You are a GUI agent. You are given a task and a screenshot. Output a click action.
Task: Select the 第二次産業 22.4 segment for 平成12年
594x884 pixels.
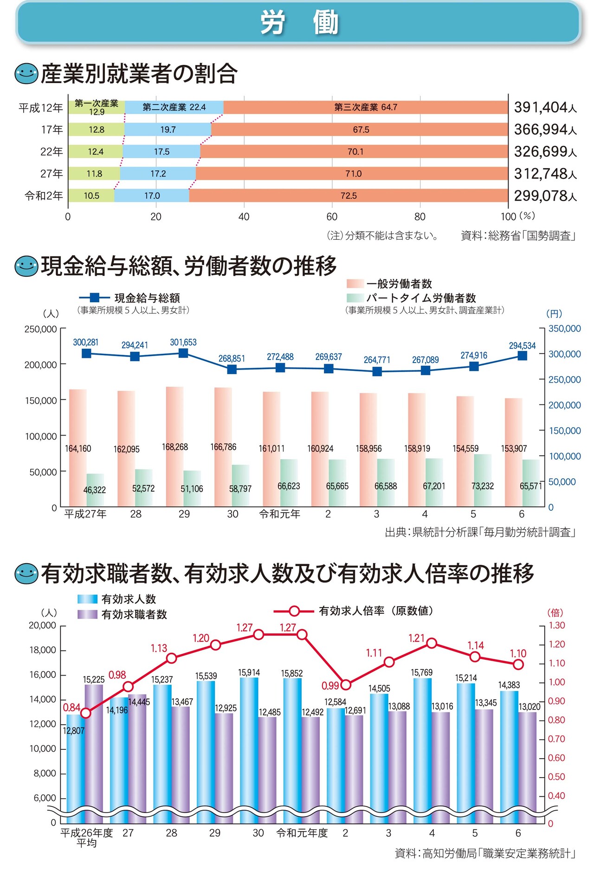[174, 107]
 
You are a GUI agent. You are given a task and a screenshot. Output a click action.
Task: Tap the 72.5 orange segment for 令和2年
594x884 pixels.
[348, 195]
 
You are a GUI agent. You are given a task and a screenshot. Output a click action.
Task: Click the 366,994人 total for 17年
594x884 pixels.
[545, 130]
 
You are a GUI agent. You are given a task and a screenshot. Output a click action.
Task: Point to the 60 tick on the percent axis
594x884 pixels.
[332, 217]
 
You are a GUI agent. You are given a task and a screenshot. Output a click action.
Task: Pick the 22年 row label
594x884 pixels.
[52, 151]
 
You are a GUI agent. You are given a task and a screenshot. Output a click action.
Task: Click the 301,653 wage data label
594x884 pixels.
[183, 342]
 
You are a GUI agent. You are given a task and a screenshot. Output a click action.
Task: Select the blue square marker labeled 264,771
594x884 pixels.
[377, 371]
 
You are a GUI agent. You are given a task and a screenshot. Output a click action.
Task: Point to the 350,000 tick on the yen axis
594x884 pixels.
[564, 329]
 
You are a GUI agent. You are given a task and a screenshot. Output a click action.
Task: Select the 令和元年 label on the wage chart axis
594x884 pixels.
[280, 514]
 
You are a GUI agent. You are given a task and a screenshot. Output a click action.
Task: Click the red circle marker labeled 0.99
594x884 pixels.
[346, 685]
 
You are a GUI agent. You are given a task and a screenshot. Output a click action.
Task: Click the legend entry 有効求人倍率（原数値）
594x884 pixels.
[376, 611]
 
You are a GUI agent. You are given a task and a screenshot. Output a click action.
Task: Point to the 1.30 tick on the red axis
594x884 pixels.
[556, 625]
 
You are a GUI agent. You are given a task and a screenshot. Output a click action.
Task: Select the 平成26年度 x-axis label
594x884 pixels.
[87, 833]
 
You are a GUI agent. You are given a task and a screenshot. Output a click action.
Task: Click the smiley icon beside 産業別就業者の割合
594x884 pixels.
[26, 74]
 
